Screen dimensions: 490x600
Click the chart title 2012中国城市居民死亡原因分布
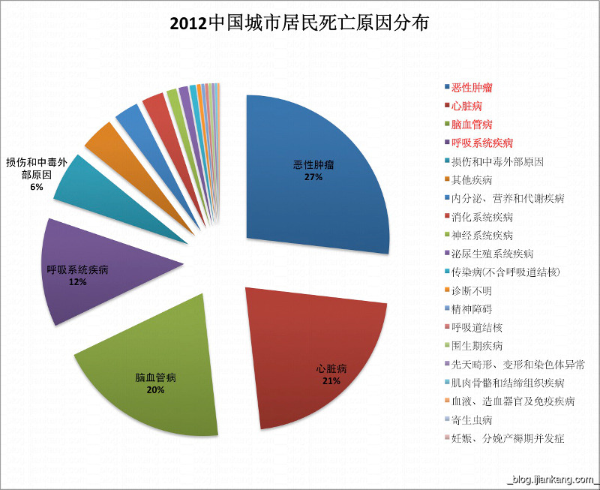tap(299, 23)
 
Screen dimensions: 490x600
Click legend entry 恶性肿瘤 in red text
tap(472, 89)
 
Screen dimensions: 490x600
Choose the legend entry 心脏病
tap(466, 107)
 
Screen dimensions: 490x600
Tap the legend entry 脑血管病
tap(472, 125)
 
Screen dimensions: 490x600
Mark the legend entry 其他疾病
tap(472, 180)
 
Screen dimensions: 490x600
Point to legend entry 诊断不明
tap(472, 290)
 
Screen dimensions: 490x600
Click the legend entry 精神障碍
tap(472, 308)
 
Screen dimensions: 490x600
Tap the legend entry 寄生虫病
tap(472, 419)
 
